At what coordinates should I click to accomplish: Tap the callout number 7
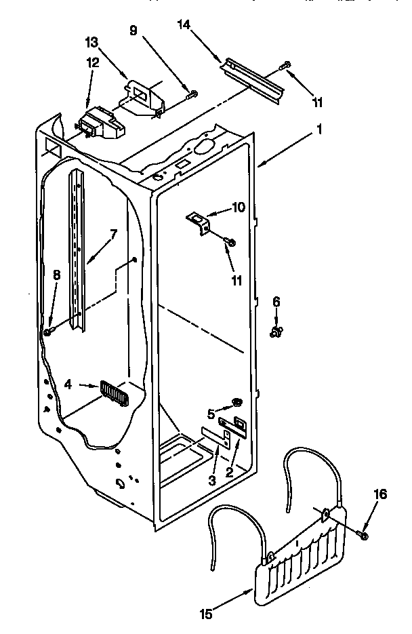[113, 234]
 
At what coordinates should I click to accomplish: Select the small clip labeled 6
[276, 332]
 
